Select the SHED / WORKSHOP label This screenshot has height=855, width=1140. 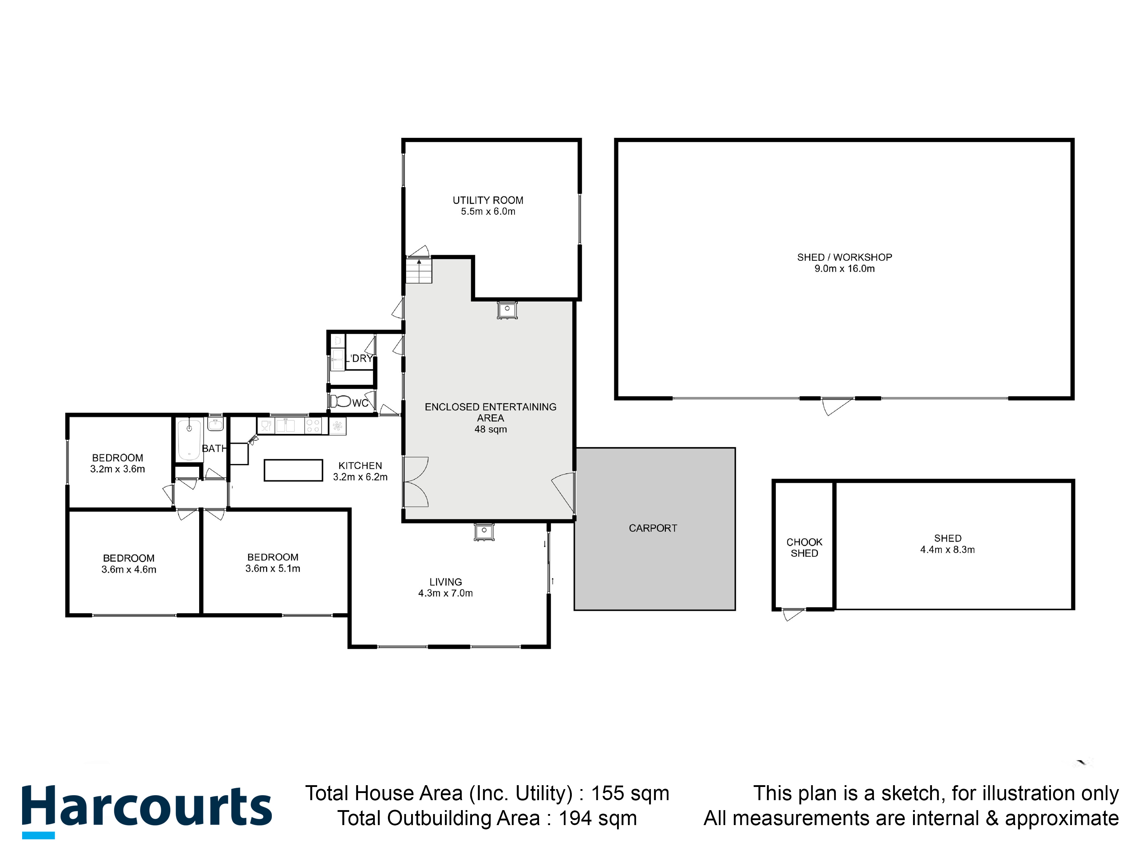pos(844,257)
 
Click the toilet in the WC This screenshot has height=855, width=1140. pos(341,401)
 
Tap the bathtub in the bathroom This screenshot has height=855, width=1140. pos(189,440)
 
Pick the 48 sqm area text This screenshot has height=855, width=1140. pos(491,429)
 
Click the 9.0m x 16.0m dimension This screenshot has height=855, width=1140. pos(844,269)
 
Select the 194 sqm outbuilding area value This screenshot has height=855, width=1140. pos(598,818)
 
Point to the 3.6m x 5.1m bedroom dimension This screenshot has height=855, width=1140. pos(273,569)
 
